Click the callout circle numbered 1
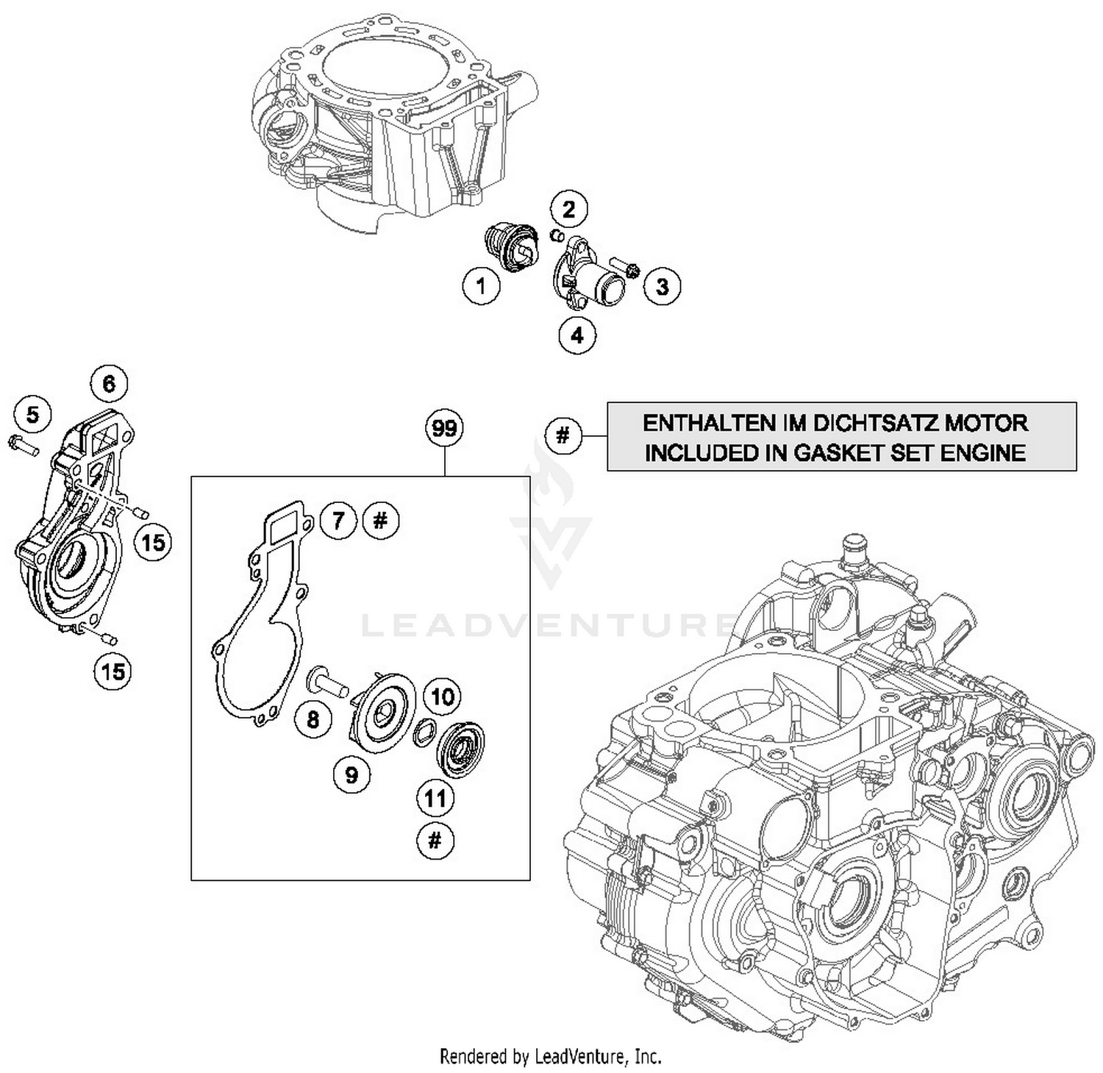click(x=482, y=285)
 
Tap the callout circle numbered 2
click(x=569, y=209)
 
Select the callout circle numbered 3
click(x=662, y=286)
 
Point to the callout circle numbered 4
click(x=577, y=335)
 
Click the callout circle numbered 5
click(x=33, y=415)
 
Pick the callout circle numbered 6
click(x=109, y=383)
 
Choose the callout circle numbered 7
click(x=338, y=521)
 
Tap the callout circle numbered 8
click(x=313, y=719)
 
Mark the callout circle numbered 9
click(x=352, y=774)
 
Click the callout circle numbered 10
click(x=442, y=696)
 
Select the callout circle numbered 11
click(x=435, y=798)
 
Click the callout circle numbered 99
click(x=445, y=428)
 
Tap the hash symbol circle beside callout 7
click(x=380, y=521)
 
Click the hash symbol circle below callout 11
click(x=435, y=840)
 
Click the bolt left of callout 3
click(x=624, y=267)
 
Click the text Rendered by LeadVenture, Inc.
click(x=551, y=1057)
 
